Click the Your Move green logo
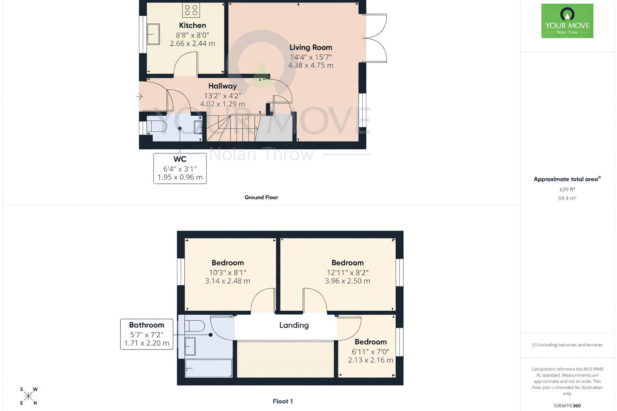(x=567, y=21)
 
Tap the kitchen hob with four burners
(x=191, y=10)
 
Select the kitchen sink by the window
(x=153, y=34)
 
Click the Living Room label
(x=311, y=47)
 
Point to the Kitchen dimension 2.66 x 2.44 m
(x=192, y=43)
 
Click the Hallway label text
(x=222, y=86)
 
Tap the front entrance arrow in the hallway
(x=139, y=96)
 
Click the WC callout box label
(x=180, y=159)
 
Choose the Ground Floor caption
(x=261, y=197)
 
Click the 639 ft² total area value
(x=567, y=189)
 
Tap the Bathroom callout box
(x=147, y=334)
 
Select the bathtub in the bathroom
(x=208, y=368)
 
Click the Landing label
(x=294, y=326)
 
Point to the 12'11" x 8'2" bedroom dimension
(x=347, y=273)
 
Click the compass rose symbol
(x=29, y=396)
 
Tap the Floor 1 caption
(x=282, y=401)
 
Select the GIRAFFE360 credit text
(x=567, y=406)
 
